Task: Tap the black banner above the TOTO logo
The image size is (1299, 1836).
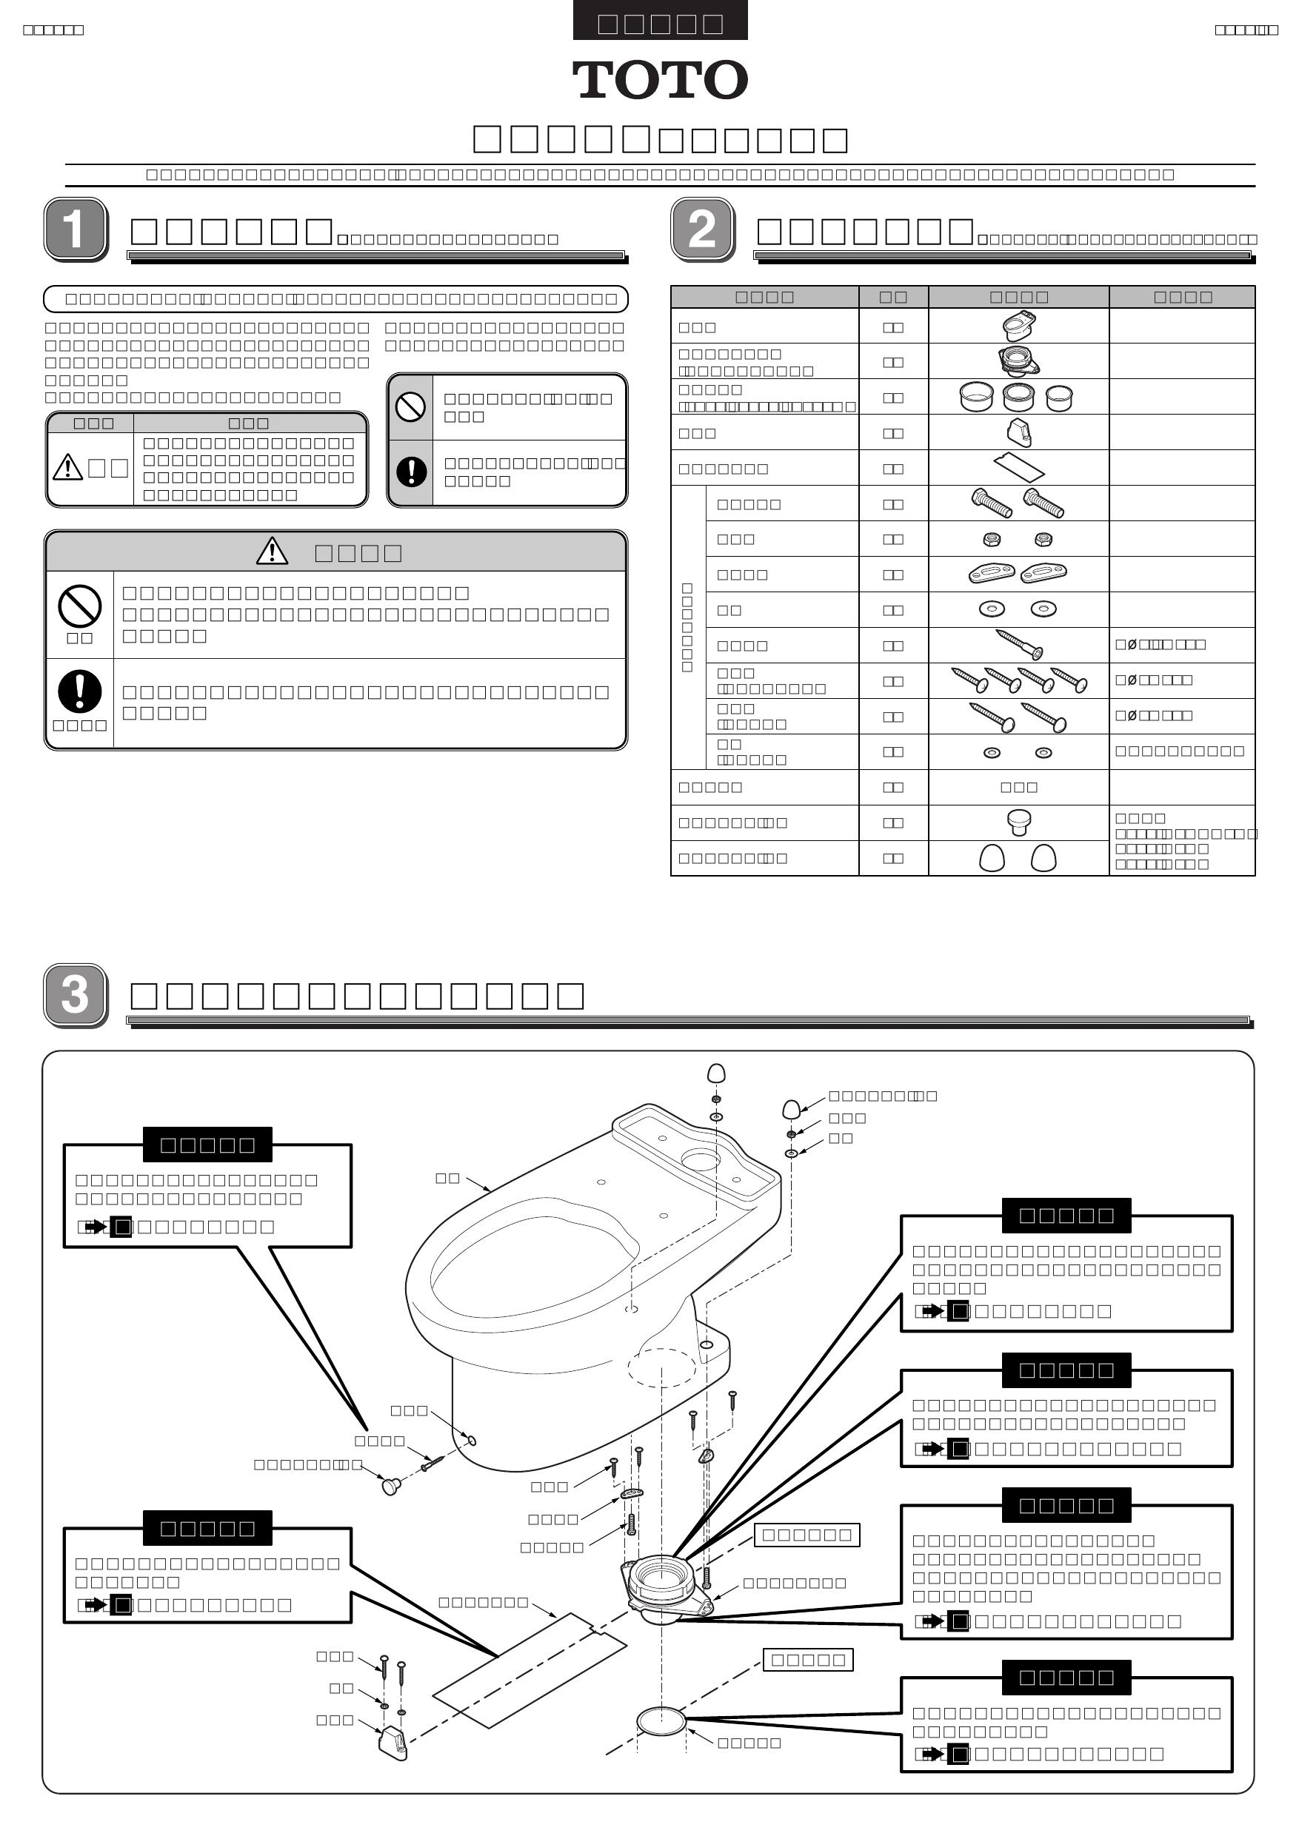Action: [660, 21]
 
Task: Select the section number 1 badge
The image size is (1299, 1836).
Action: [76, 229]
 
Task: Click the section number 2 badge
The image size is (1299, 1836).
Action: [702, 229]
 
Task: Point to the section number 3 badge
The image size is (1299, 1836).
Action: [76, 995]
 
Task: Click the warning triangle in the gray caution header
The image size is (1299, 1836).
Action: [272, 551]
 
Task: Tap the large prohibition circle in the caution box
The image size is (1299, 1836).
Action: [79, 606]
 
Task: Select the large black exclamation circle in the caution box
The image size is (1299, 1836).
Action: [79, 691]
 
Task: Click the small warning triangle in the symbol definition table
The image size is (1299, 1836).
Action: [67, 467]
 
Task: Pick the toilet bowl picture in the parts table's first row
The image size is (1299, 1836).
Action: [1018, 326]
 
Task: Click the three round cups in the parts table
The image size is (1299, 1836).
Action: [1016, 397]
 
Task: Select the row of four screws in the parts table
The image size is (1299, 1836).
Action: [1018, 680]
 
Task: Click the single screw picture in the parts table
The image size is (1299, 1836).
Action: [1019, 644]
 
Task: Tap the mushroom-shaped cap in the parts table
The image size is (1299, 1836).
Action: [1018, 821]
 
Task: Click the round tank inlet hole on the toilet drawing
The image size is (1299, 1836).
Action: [700, 1158]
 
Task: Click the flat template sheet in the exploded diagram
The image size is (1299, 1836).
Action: [530, 1671]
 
